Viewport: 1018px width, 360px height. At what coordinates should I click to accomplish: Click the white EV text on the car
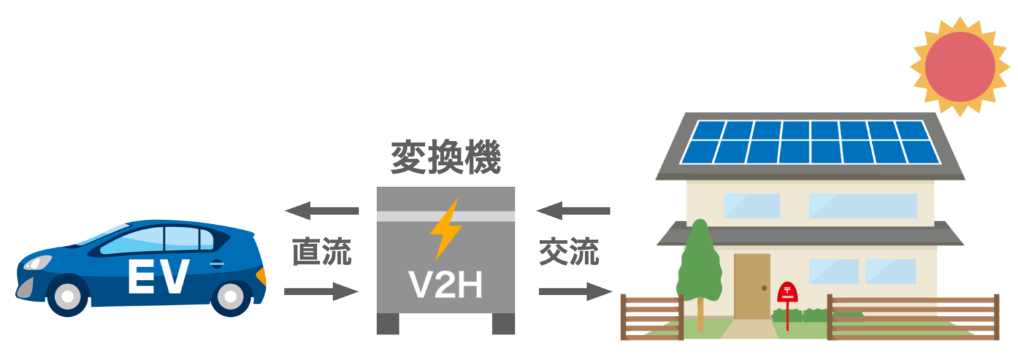click(158, 276)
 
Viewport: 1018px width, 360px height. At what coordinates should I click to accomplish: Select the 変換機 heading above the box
click(445, 158)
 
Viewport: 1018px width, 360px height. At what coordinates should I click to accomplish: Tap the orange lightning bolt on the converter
click(445, 229)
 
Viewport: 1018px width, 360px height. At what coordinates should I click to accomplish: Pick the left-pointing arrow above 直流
click(321, 211)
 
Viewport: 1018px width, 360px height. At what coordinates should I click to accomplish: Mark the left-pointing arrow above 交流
click(573, 211)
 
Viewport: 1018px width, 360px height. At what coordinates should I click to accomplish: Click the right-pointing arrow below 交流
click(575, 291)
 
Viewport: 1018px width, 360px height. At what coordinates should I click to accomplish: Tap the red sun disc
click(960, 66)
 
